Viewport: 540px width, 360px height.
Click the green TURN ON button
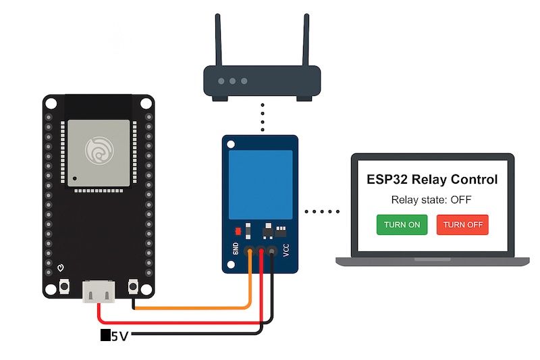pos(402,225)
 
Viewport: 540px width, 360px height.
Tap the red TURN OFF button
pos(462,225)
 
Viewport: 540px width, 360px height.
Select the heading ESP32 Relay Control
pos(432,180)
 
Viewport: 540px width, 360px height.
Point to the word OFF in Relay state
pos(460,200)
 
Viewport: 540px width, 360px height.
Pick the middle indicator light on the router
pos(233,81)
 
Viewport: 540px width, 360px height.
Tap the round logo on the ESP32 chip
pos(98,149)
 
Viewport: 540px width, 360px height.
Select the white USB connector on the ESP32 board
pos(98,291)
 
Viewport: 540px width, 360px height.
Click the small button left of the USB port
pos(64,287)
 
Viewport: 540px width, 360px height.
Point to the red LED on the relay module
pos(238,232)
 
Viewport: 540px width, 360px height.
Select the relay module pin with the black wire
pos(272,252)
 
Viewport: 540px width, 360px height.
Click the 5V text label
pos(119,335)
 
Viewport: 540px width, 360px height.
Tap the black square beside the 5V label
pos(105,335)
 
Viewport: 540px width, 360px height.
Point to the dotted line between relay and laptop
pos(322,211)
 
